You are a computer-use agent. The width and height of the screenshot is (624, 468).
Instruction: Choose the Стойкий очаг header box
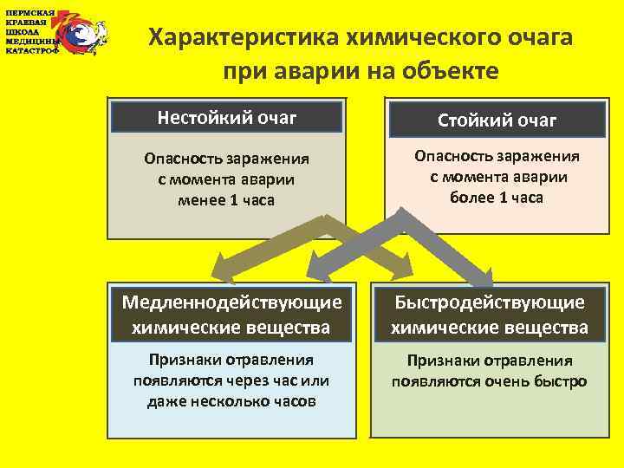tap(497, 120)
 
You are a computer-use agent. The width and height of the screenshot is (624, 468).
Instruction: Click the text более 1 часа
tap(497, 197)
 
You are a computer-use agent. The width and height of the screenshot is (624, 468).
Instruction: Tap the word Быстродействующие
tap(490, 302)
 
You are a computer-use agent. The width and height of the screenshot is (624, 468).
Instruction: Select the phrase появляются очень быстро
tap(490, 381)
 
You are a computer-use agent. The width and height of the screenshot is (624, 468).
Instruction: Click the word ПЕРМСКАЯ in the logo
tap(30, 13)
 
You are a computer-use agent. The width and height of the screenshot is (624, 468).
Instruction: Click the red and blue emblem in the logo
tap(82, 32)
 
